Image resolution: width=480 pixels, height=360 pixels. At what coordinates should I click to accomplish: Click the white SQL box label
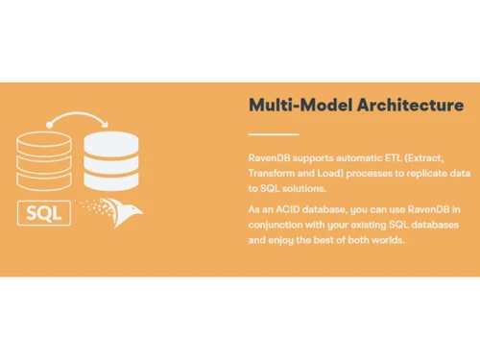click(x=43, y=212)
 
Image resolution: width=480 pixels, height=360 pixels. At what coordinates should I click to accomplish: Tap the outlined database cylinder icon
click(x=43, y=160)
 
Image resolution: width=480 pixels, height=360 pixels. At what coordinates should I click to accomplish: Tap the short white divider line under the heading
click(x=273, y=133)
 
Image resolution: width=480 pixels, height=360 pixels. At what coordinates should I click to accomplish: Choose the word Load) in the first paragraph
click(x=341, y=171)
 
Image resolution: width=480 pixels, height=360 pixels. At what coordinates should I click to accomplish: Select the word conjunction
click(x=279, y=225)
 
